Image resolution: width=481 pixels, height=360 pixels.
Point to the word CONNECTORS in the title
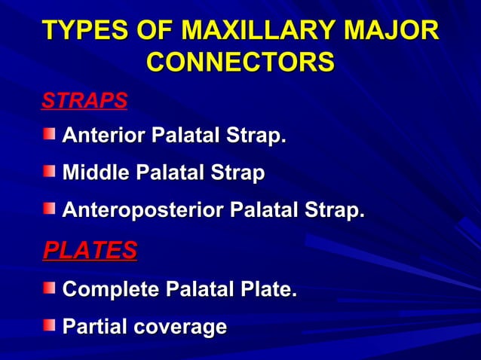(x=240, y=63)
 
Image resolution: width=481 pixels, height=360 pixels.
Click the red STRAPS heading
(x=84, y=100)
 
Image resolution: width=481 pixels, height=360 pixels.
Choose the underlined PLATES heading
(x=89, y=250)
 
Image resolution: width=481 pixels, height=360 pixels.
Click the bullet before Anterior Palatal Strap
(x=49, y=135)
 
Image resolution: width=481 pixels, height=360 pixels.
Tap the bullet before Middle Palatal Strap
(x=49, y=172)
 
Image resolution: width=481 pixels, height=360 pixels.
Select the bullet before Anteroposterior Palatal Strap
(x=49, y=212)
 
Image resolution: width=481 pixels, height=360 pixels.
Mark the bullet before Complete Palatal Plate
(x=49, y=288)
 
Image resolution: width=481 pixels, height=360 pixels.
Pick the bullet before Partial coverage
(x=49, y=325)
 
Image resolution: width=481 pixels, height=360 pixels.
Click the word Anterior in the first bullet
(x=104, y=136)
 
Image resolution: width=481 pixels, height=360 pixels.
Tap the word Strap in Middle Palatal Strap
(x=237, y=174)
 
